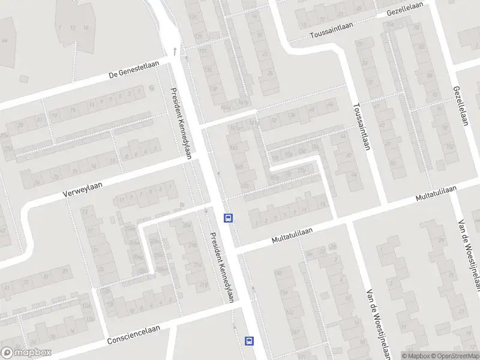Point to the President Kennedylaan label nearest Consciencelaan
[221, 266]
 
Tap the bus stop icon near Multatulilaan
[228, 218]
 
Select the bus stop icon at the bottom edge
[248, 341]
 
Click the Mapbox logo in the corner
[26, 353]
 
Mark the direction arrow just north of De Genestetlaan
[174, 51]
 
